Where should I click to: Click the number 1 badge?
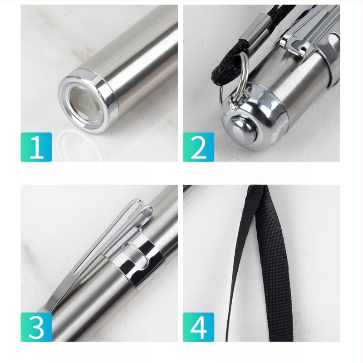coord(36,147)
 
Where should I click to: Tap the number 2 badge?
coord(198,147)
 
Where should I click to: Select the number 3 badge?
coord(36,327)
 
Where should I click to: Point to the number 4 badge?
coord(198,327)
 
